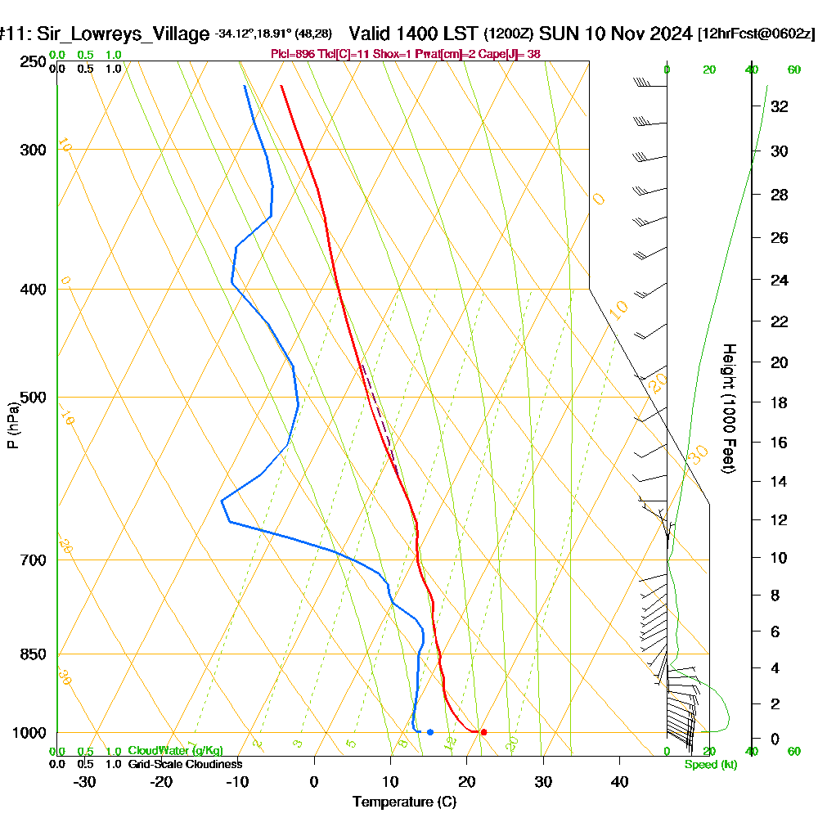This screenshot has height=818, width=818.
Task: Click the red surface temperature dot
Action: (483, 732)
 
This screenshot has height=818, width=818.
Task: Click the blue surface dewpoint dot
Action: (429, 732)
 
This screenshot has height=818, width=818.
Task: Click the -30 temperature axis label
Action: (85, 781)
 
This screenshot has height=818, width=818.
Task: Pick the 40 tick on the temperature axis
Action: (619, 781)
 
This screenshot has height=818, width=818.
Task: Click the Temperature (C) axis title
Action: (404, 802)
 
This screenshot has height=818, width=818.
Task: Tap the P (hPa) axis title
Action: (12, 425)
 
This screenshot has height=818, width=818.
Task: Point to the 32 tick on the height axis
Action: (779, 106)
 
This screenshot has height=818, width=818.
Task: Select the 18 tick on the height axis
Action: (779, 402)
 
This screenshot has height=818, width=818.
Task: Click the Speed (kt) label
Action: (711, 765)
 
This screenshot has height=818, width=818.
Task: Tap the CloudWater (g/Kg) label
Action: (175, 751)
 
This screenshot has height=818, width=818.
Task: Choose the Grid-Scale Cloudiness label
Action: (184, 764)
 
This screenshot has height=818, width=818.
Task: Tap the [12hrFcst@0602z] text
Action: (756, 34)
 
